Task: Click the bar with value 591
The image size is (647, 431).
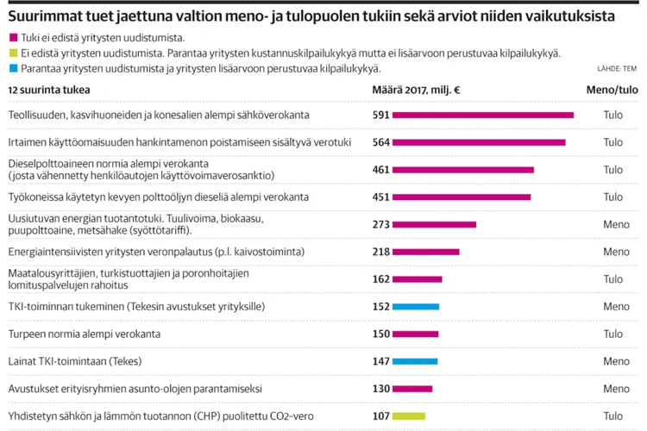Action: click(483, 115)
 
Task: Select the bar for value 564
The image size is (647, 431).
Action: click(479, 142)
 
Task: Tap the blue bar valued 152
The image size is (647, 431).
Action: click(416, 307)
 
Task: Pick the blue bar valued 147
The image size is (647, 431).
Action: click(415, 361)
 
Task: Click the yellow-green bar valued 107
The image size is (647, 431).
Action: click(409, 416)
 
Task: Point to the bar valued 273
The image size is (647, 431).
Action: click(435, 224)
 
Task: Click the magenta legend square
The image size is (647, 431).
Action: click(11, 38)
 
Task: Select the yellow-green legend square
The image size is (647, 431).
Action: click(11, 53)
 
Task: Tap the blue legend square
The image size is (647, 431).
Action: click(11, 69)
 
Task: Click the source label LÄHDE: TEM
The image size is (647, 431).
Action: click(616, 68)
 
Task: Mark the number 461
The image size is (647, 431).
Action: click(380, 170)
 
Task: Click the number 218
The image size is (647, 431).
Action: click(380, 252)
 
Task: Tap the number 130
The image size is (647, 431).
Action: click(380, 389)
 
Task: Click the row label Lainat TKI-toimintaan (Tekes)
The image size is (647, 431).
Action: click(74, 361)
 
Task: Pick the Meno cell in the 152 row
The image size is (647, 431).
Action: click(616, 307)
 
